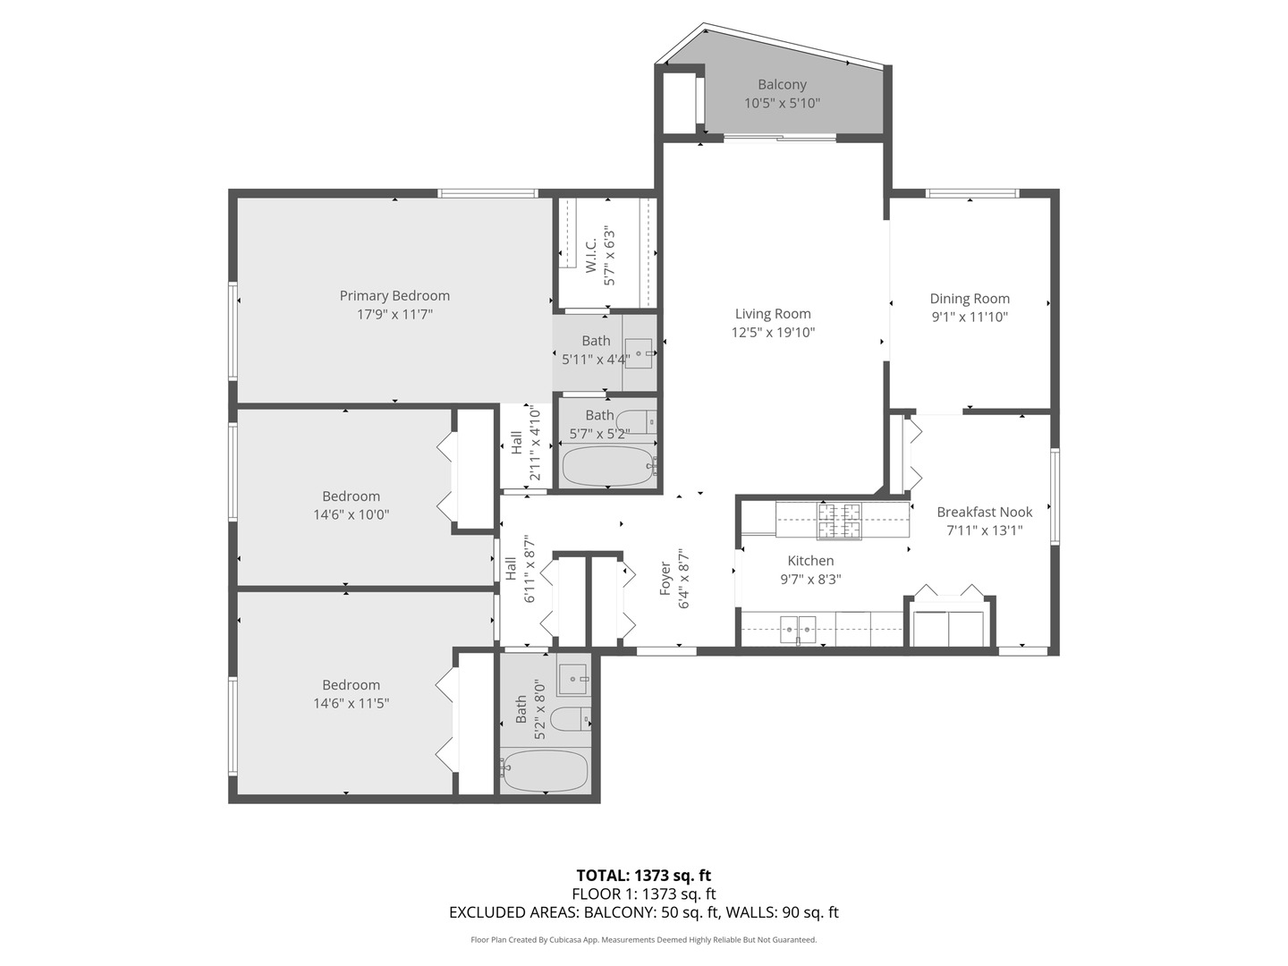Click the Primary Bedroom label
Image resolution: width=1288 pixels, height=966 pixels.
(x=394, y=296)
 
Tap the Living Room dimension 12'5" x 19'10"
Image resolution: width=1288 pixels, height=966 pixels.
(x=773, y=333)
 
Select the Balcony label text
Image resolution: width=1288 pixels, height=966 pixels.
(x=782, y=85)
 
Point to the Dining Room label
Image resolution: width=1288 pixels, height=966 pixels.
(x=970, y=299)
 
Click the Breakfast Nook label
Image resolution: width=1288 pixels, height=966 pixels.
(x=984, y=512)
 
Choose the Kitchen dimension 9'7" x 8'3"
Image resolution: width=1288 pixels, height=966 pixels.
(x=810, y=579)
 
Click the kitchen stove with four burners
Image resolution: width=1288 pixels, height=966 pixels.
(x=838, y=521)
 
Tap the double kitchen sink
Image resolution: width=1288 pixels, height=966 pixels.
(x=798, y=629)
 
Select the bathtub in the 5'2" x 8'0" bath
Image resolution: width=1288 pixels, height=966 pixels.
(x=545, y=771)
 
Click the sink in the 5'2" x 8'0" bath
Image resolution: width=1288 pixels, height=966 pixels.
(x=572, y=679)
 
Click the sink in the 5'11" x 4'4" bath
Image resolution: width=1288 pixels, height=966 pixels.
(x=639, y=349)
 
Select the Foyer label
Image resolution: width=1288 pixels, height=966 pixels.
(x=665, y=579)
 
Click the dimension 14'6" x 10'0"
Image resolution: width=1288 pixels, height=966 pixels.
(x=351, y=515)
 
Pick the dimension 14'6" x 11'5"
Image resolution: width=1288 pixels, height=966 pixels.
(x=351, y=704)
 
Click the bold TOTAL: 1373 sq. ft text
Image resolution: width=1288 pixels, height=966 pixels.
(x=643, y=876)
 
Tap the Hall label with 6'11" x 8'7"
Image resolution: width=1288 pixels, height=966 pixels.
(x=510, y=568)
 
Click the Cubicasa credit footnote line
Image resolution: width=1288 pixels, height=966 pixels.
(x=643, y=940)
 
